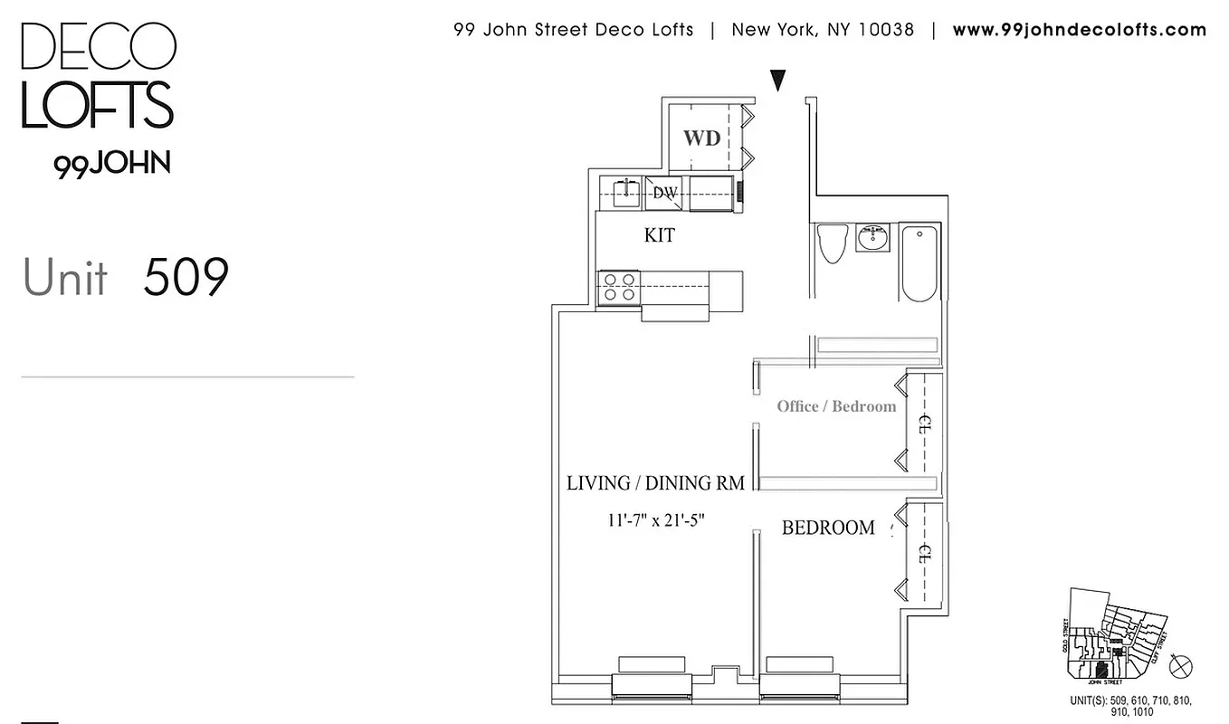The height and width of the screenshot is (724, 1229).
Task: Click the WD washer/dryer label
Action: coord(701,138)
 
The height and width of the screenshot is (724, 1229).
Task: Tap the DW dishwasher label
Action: coord(665,193)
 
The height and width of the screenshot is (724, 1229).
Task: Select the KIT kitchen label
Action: coord(659,235)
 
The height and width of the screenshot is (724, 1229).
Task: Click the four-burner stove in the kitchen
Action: coord(619,287)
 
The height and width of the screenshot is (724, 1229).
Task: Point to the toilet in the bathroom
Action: coord(830,243)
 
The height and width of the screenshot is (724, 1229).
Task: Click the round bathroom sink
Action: coord(873,241)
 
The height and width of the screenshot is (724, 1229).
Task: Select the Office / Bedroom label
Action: coord(836,406)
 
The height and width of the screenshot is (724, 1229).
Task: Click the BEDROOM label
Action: coord(828,528)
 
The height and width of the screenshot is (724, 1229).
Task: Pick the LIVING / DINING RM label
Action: coord(655,483)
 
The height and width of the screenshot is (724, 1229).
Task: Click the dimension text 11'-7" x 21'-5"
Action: coord(656,520)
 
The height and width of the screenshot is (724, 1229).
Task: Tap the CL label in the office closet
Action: coord(924,422)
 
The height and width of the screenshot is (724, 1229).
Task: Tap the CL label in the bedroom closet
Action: coord(924,552)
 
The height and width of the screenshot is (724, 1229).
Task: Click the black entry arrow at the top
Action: coord(777,81)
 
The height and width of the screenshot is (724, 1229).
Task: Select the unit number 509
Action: coord(186,278)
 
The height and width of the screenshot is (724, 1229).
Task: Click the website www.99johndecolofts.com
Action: coord(1079,30)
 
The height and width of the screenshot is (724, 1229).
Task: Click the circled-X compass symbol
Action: coord(1180,666)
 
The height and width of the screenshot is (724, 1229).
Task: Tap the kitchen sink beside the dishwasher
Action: coord(624,193)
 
